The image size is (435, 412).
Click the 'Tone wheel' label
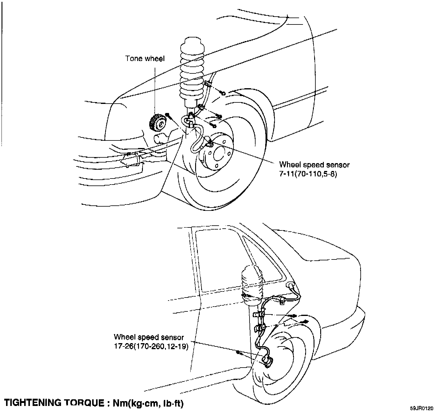(145, 59)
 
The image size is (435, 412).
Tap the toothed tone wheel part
(157, 123)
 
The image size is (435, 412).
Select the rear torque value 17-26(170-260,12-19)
(151, 346)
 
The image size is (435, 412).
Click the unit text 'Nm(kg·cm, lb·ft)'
(148, 403)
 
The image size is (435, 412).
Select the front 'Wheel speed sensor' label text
(314, 165)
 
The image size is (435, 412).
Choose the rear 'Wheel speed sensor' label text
(149, 337)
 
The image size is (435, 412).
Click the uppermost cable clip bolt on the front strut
(223, 93)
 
